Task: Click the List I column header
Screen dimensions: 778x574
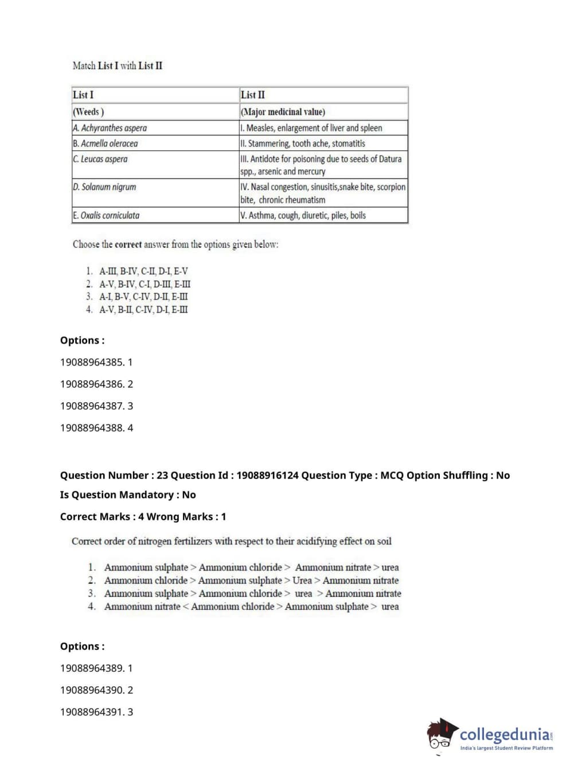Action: [x=83, y=95]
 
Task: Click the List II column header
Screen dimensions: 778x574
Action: [x=253, y=95]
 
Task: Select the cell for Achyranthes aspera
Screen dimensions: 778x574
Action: [x=110, y=128]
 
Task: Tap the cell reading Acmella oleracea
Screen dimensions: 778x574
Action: [x=106, y=143]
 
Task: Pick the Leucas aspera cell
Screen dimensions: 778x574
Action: [x=100, y=159]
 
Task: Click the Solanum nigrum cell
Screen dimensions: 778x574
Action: [x=104, y=187]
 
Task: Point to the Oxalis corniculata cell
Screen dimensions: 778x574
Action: [x=106, y=216]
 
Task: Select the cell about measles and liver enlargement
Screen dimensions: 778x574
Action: [x=311, y=128]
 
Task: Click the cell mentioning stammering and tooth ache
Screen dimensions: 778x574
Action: [x=303, y=143]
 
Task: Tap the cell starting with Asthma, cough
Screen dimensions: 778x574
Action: [x=303, y=216]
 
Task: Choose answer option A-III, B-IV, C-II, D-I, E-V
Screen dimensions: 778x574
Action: [x=143, y=271]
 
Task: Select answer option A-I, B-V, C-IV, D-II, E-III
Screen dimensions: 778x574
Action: [x=143, y=297]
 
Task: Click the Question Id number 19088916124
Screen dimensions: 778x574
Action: [x=267, y=476]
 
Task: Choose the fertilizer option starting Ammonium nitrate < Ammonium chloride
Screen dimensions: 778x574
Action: [x=251, y=606]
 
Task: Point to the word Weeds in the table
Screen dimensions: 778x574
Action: [x=88, y=112]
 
